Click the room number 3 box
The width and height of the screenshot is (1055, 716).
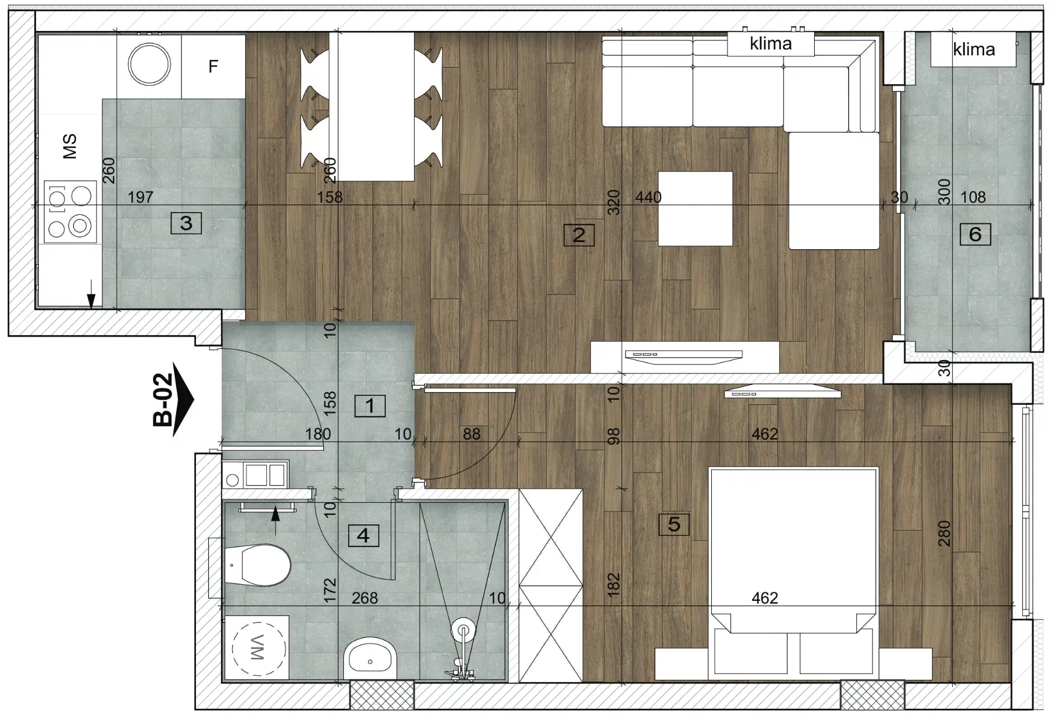point(186,223)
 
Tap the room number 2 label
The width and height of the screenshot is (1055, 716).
point(578,235)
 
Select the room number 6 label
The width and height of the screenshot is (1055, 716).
point(975,234)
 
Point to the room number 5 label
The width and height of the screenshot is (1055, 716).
point(674,524)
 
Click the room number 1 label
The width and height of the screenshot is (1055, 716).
point(370,406)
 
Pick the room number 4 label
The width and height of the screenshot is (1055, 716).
point(363,535)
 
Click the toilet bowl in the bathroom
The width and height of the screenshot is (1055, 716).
point(258,565)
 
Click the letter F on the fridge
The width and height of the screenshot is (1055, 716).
point(213,66)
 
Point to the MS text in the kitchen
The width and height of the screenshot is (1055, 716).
point(70,146)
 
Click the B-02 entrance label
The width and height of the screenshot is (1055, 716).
point(163,399)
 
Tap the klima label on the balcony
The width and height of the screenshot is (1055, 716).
point(974,49)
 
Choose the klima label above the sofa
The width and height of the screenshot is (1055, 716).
point(770,43)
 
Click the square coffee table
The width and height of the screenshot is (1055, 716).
point(695,208)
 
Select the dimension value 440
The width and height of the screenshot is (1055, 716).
point(648,197)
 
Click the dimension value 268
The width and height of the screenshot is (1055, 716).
point(365,598)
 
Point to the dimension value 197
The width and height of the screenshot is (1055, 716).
point(141,197)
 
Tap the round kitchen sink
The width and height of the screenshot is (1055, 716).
point(149,64)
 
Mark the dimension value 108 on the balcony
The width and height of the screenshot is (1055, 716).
point(973,197)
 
